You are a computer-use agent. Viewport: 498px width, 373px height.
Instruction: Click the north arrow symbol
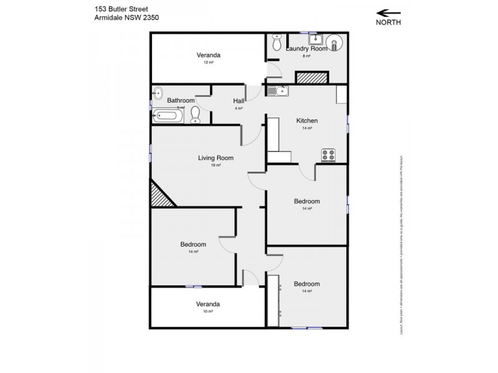pyautogui.click(x=388, y=11)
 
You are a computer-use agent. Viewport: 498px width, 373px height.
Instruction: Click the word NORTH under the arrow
pyautogui.click(x=388, y=22)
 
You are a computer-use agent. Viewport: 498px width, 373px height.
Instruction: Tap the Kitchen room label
pyautogui.click(x=307, y=121)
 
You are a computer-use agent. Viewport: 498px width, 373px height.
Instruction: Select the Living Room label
pyautogui.click(x=215, y=158)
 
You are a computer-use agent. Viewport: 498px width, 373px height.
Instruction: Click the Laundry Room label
pyautogui.click(x=307, y=48)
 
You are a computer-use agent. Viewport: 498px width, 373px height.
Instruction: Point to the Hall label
pyautogui.click(x=238, y=101)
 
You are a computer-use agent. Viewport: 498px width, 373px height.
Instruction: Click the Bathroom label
pyautogui.click(x=181, y=100)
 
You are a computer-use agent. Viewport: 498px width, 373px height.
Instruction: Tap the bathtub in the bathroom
pyautogui.click(x=167, y=115)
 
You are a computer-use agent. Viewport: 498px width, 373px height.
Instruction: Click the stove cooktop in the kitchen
pyautogui.click(x=328, y=155)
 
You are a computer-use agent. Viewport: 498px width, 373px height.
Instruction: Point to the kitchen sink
pyautogui.click(x=278, y=91)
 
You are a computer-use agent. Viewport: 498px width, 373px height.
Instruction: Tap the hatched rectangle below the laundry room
pyautogui.click(x=311, y=78)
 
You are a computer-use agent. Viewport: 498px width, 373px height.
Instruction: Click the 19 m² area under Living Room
pyautogui.click(x=215, y=165)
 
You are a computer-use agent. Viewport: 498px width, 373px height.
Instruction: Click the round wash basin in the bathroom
pyautogui.click(x=157, y=91)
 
